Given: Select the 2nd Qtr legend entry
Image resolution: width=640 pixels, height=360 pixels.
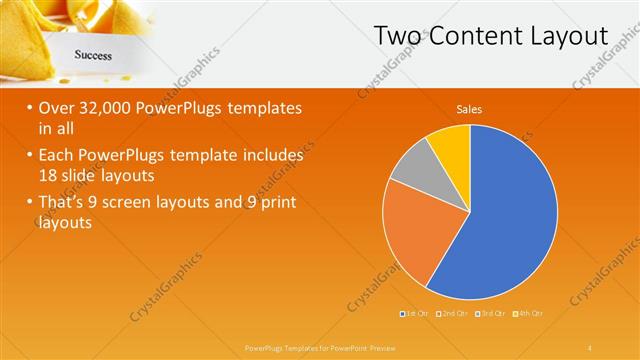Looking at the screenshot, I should tap(453, 314).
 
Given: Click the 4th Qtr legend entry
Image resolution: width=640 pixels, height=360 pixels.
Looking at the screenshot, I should tap(530, 314).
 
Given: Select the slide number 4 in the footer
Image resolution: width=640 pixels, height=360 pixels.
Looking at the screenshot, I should tap(590, 346).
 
